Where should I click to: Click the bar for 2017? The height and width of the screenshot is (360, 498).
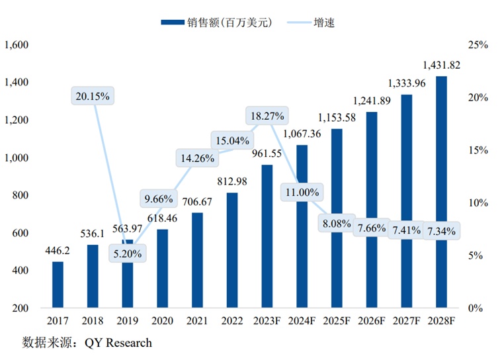tap(58, 285)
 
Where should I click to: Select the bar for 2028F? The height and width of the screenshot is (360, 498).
tap(441, 192)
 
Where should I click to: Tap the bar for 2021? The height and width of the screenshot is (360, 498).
tap(197, 260)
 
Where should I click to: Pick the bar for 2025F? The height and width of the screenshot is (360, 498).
tap(337, 218)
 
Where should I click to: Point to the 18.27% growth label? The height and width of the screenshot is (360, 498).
tap(267, 116)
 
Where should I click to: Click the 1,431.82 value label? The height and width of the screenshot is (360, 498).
tap(441, 66)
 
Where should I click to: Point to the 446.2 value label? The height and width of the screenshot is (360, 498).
tap(58, 251)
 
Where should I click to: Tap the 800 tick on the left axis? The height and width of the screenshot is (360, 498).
tap(21, 195)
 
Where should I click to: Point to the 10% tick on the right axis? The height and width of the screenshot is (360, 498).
tap(477, 203)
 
